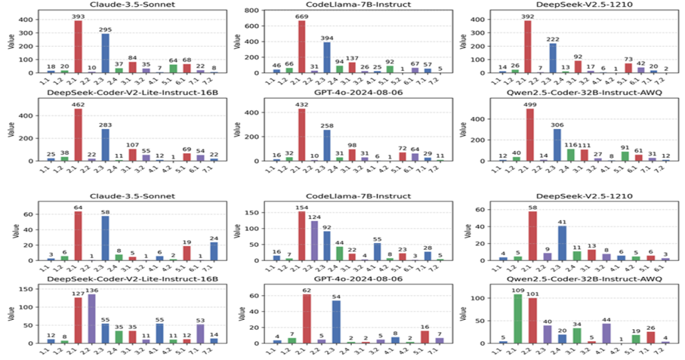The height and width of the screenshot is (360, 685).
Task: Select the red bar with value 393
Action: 59,47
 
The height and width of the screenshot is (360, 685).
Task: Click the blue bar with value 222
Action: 551,58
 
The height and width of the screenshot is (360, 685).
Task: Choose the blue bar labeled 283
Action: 105,142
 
